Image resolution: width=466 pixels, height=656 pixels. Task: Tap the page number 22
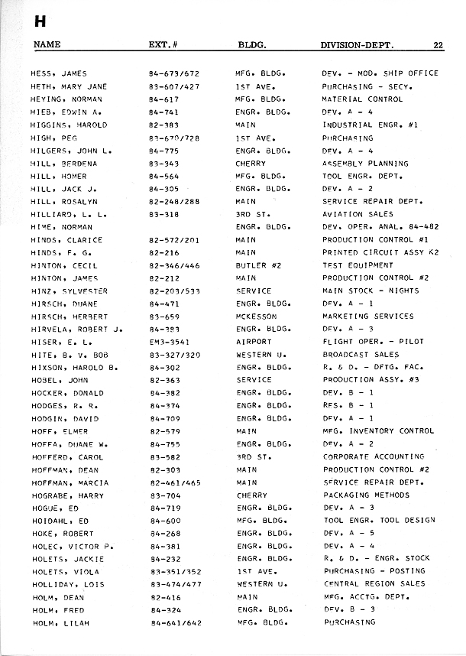point(438,45)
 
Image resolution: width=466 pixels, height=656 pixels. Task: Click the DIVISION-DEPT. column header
point(358,45)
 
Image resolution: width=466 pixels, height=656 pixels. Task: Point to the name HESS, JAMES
point(58,73)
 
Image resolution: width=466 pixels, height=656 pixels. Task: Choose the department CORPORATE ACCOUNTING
point(374,456)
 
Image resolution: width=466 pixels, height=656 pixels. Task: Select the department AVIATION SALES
point(358,214)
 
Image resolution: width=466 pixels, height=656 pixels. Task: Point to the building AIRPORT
point(254,342)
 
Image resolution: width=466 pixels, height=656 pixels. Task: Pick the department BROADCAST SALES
point(361,355)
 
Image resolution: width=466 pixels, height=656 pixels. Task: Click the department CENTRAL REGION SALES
point(374,584)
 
